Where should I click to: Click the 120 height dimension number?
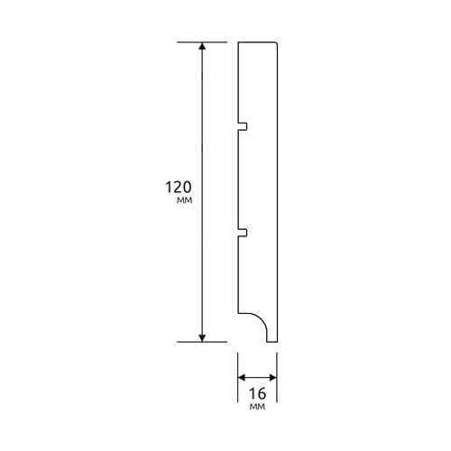pos(179,187)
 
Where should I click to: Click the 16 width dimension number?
pos(258,393)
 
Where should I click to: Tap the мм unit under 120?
pos(184,200)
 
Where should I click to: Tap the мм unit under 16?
pos(257,407)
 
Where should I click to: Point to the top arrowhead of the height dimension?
pos(202,46)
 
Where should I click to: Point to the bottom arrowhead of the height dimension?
pos(202,338)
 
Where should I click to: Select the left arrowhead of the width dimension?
pos(242,377)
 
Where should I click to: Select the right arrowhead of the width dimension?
pos(273,377)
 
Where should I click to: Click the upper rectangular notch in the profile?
pos(243,126)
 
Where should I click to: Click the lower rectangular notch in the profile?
pos(243,233)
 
